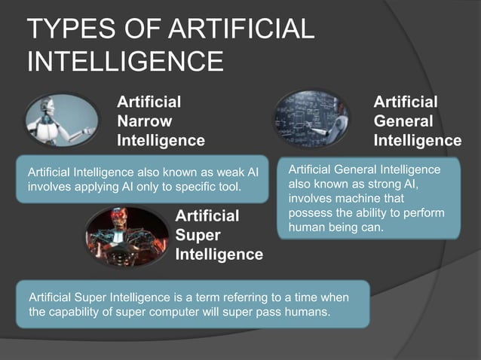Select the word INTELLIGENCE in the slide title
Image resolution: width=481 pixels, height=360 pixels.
(125, 60)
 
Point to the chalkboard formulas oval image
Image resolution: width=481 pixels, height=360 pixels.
(311, 117)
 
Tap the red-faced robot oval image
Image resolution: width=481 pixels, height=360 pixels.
(126, 233)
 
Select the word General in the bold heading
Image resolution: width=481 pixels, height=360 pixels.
(403, 121)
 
